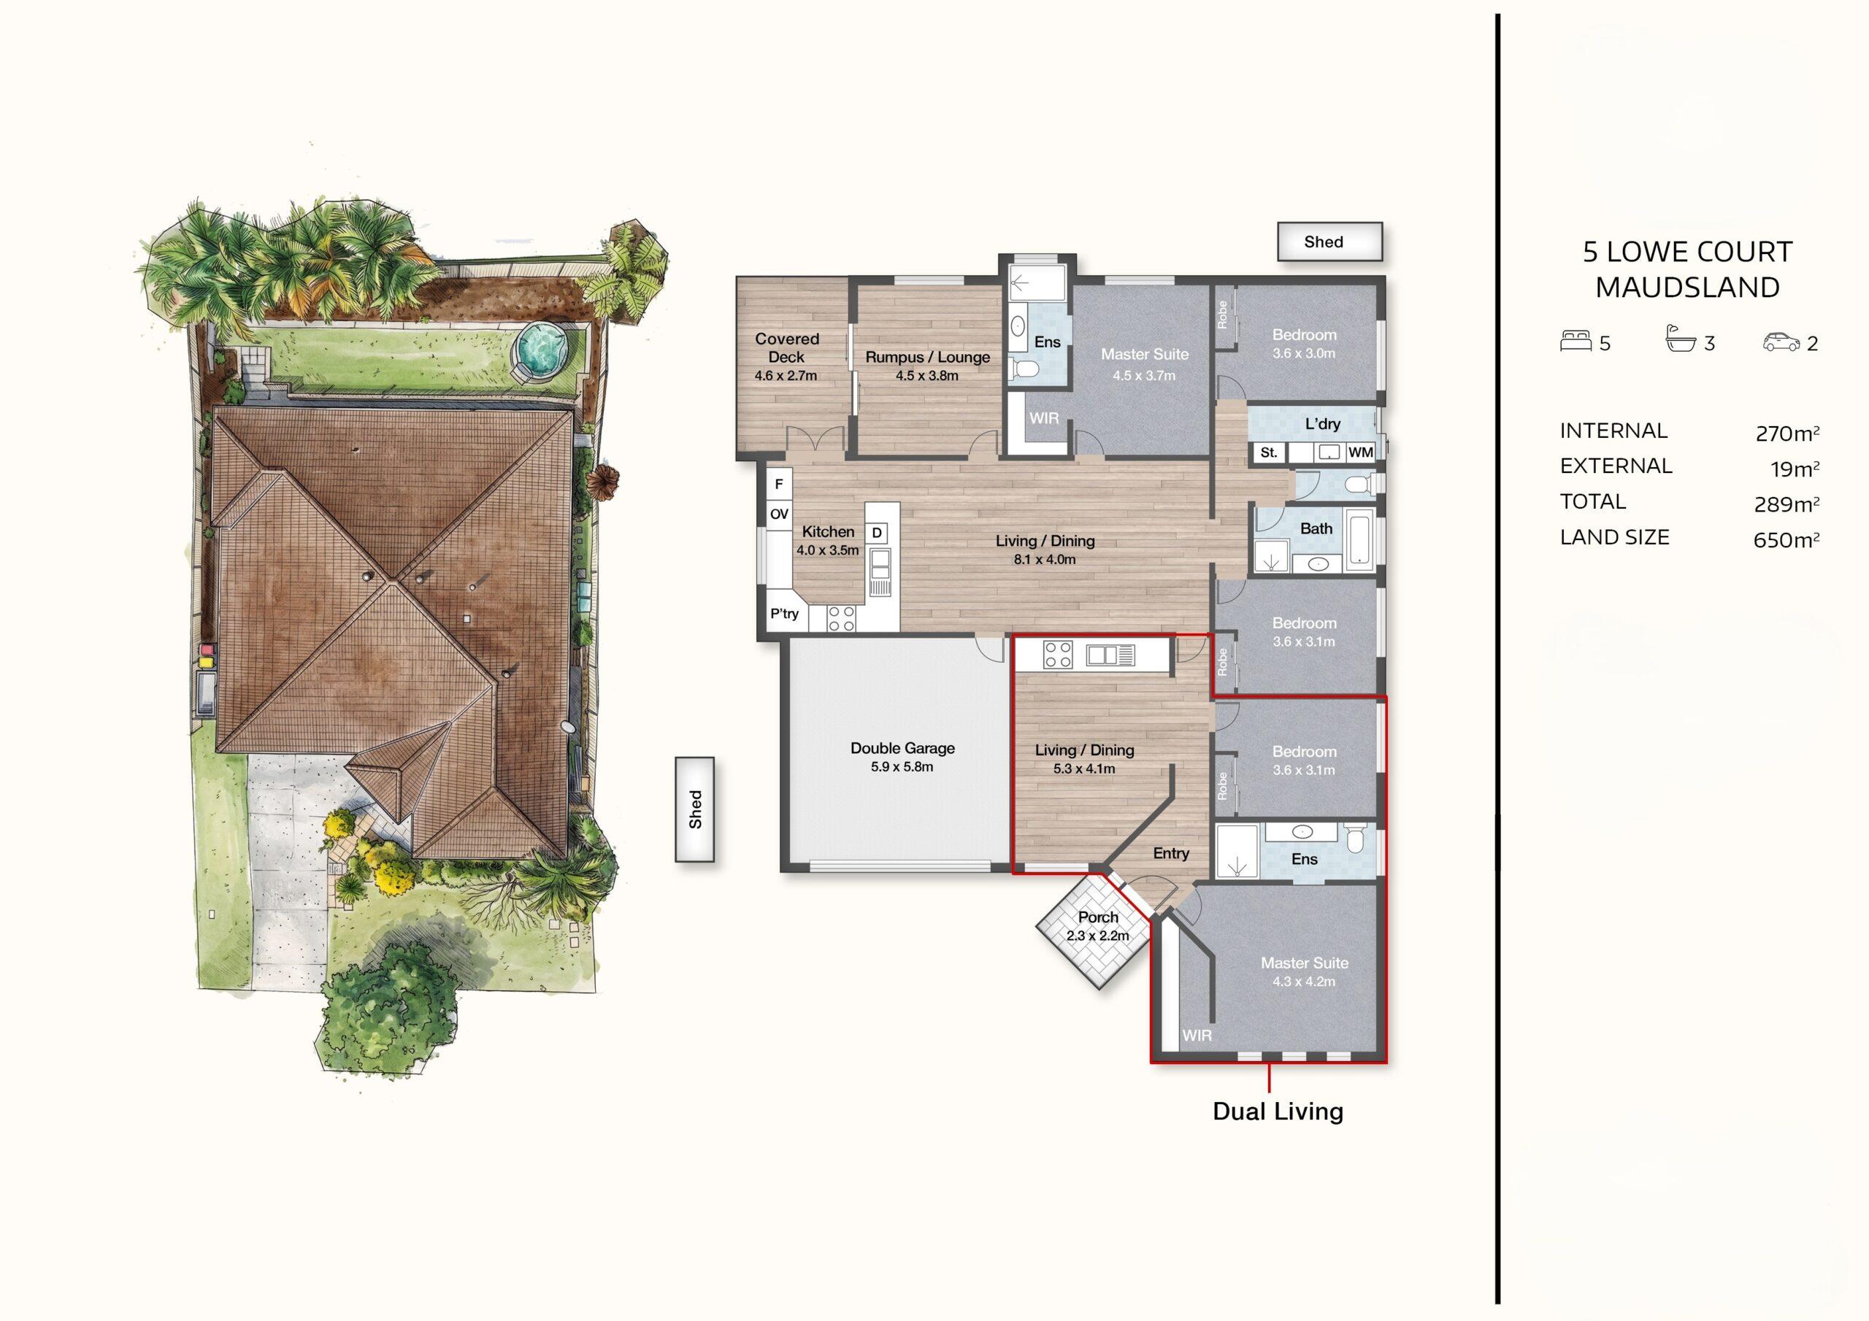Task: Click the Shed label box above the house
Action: click(x=1329, y=242)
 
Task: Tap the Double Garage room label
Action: click(x=903, y=748)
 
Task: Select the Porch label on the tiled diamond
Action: click(x=1098, y=917)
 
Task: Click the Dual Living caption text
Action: click(x=1278, y=1111)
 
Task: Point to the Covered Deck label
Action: click(x=786, y=347)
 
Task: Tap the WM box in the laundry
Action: click(x=1360, y=452)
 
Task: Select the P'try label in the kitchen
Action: click(x=785, y=613)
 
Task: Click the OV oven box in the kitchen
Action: click(x=779, y=514)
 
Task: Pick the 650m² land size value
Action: click(x=1787, y=539)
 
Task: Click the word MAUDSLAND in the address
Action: click(x=1687, y=288)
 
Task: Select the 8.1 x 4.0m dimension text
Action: click(x=1045, y=559)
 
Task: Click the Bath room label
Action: click(x=1316, y=528)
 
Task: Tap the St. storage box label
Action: click(x=1268, y=452)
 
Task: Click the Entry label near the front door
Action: click(x=1170, y=853)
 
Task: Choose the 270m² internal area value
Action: click(x=1788, y=432)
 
